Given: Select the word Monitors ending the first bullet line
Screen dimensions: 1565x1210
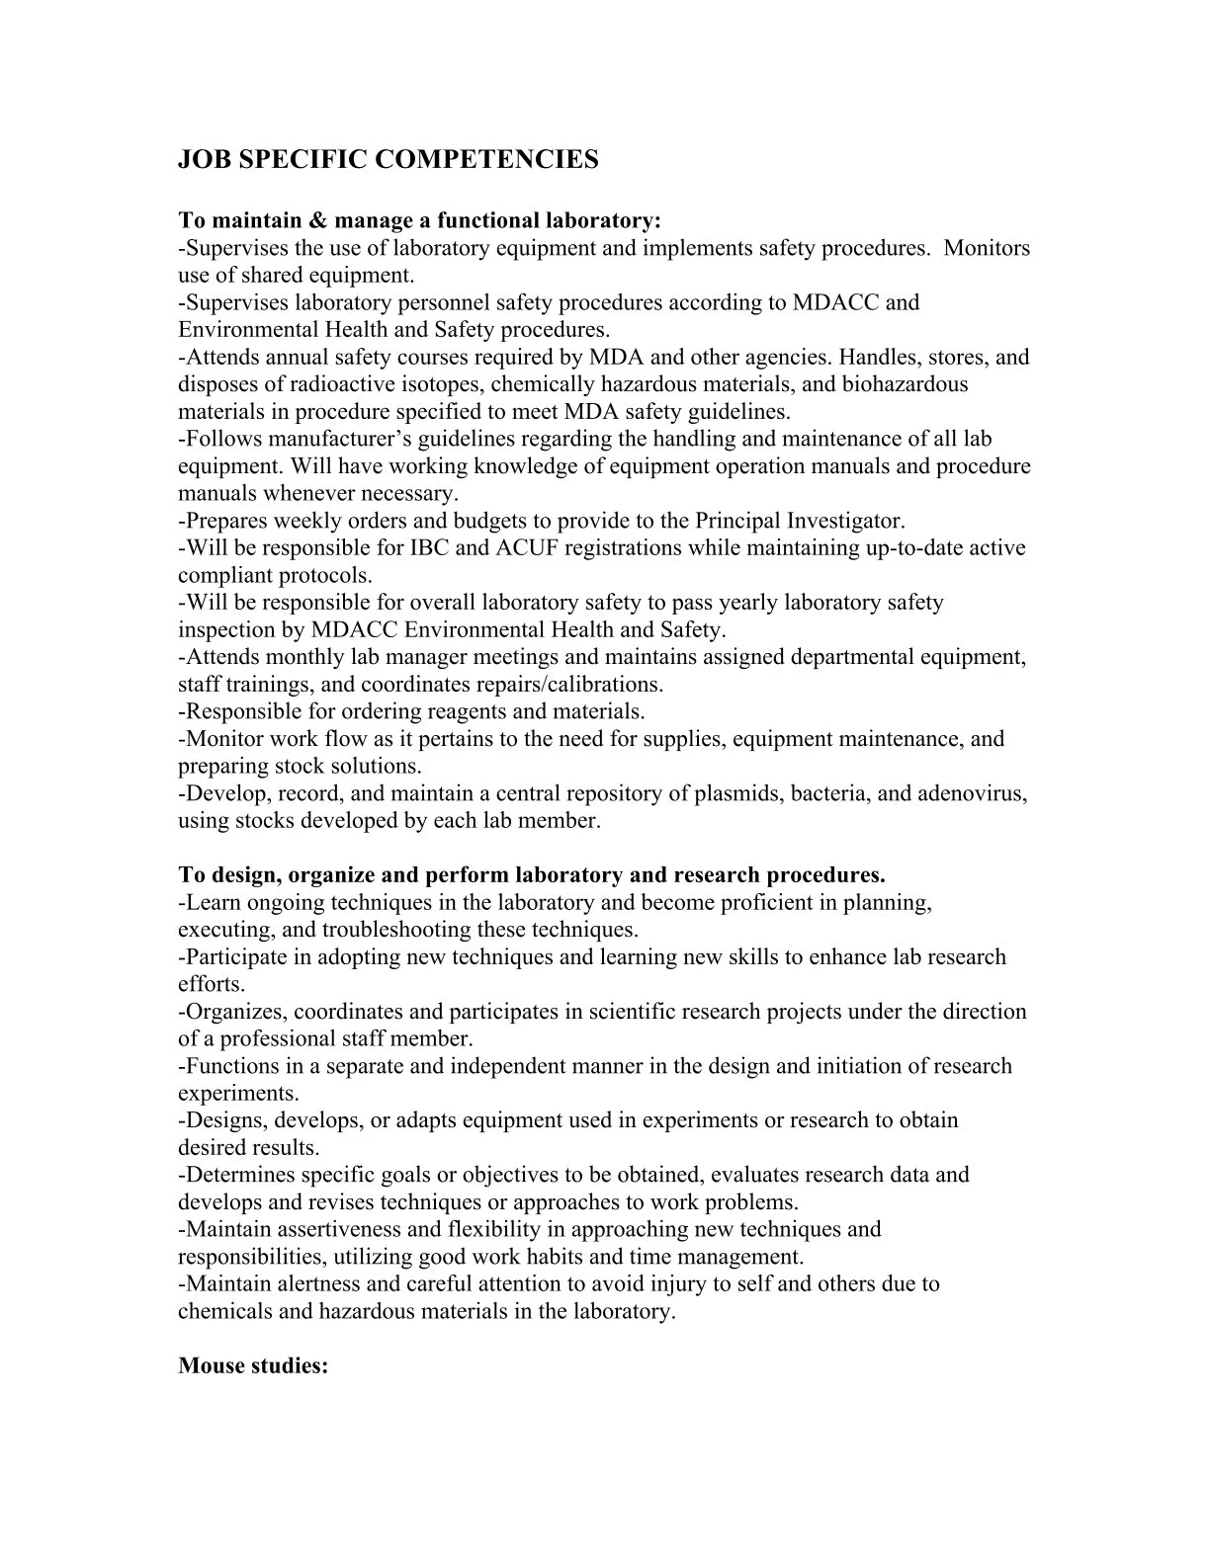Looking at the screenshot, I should click(x=987, y=247).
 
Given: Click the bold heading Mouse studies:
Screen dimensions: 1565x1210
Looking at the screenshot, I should click(x=253, y=1366).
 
